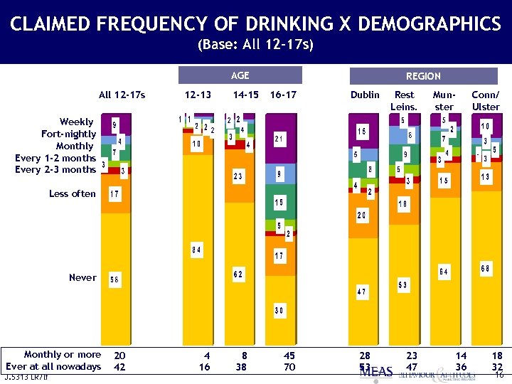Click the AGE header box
pos(240,75)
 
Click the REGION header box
pos(423,75)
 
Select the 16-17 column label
pos(283,95)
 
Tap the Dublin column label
pos(365,95)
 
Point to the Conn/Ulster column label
pos(486,100)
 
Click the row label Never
pos(82,277)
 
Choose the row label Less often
pos(72,193)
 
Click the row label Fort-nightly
pos(68,134)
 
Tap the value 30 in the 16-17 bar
pos(280,310)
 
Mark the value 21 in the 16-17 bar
pos(280,139)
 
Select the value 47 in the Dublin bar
pos(362,292)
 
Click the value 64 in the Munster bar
pos(444,272)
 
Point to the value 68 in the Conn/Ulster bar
pos(486,268)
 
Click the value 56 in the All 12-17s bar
pos(114,280)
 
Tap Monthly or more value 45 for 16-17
pos(289,355)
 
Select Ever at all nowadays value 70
pos(289,367)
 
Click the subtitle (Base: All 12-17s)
pos(255,45)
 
